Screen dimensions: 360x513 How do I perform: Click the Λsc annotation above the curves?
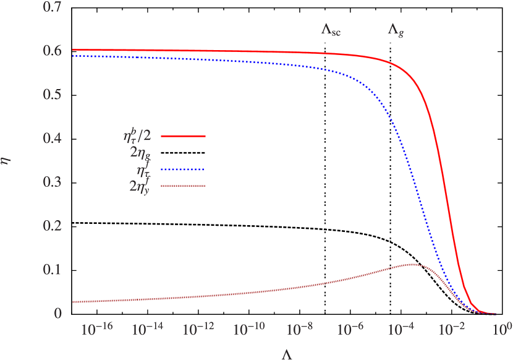coord(331,29)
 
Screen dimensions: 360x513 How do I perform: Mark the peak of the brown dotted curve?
coord(412,264)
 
